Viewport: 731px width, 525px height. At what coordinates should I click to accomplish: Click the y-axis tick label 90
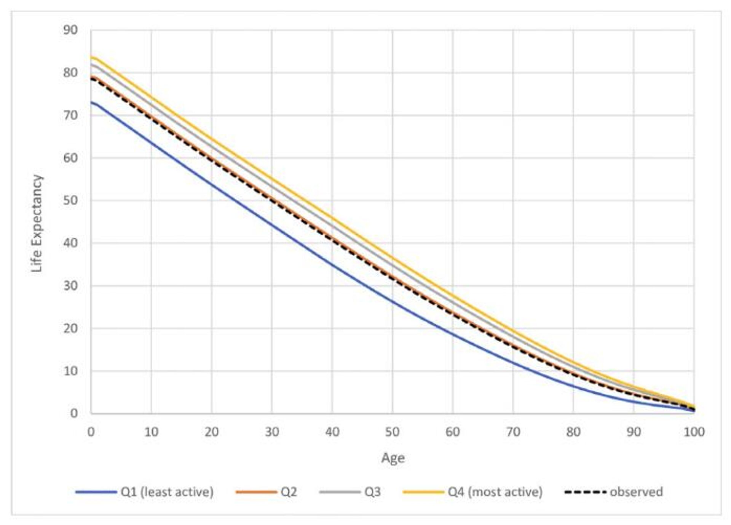[x=70, y=30]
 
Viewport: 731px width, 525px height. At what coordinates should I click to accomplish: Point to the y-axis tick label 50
[x=70, y=200]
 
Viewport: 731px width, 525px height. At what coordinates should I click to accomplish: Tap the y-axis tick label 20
[x=70, y=328]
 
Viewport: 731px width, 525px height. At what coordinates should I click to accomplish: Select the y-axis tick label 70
[x=70, y=115]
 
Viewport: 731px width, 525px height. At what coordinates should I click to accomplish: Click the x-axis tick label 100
[x=694, y=432]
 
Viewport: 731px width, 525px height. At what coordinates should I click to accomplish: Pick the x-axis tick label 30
[x=272, y=432]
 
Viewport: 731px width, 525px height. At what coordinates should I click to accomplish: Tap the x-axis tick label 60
[x=453, y=432]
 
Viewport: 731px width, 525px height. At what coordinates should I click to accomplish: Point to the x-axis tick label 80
[x=573, y=432]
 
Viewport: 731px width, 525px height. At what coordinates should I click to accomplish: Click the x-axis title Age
[x=393, y=458]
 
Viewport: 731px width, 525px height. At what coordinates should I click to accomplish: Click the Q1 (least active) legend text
[x=167, y=492]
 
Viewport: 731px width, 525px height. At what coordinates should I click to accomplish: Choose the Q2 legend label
[x=289, y=492]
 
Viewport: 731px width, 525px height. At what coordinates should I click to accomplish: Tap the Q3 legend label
[x=372, y=492]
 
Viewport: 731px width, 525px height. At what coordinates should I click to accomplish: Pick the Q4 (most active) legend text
[x=495, y=492]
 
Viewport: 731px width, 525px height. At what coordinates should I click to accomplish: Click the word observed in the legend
[x=636, y=492]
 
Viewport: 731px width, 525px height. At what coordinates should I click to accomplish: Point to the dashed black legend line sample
[x=585, y=492]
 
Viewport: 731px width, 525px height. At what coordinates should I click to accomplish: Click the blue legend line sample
[x=96, y=492]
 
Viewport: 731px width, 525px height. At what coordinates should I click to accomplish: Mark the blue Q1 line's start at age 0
[x=91, y=102]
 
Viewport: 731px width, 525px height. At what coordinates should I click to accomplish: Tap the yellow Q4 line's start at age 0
[x=91, y=57]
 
